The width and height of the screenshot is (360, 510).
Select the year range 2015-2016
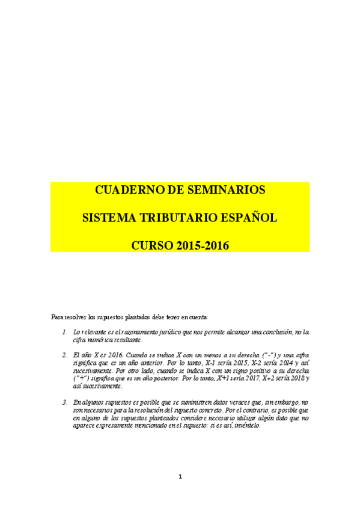point(203,245)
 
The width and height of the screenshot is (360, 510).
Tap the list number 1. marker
point(65,331)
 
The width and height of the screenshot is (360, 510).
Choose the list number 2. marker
point(65,355)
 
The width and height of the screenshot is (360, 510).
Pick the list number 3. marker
point(65,402)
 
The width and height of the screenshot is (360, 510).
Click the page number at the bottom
point(180,477)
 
